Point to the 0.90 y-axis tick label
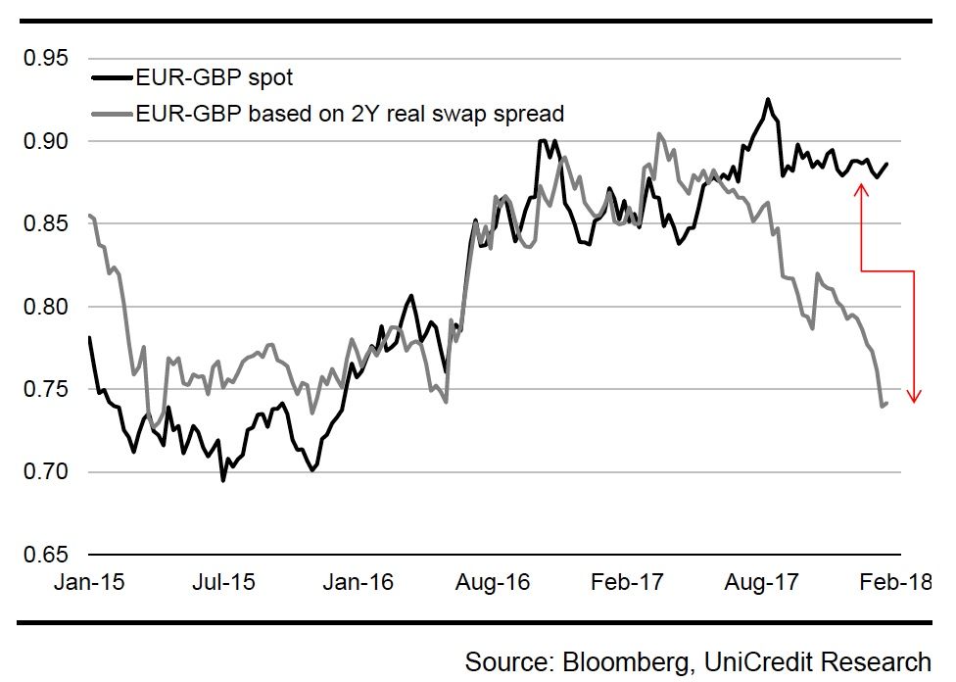click(x=47, y=142)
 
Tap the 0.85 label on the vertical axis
click(x=47, y=224)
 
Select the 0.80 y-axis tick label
click(x=47, y=308)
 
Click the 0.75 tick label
click(x=47, y=390)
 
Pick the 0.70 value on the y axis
click(x=47, y=472)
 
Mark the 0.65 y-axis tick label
click(x=47, y=555)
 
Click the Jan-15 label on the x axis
click(x=89, y=582)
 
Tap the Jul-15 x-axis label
click(x=223, y=582)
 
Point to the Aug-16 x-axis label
click(x=494, y=582)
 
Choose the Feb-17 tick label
click(x=628, y=582)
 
